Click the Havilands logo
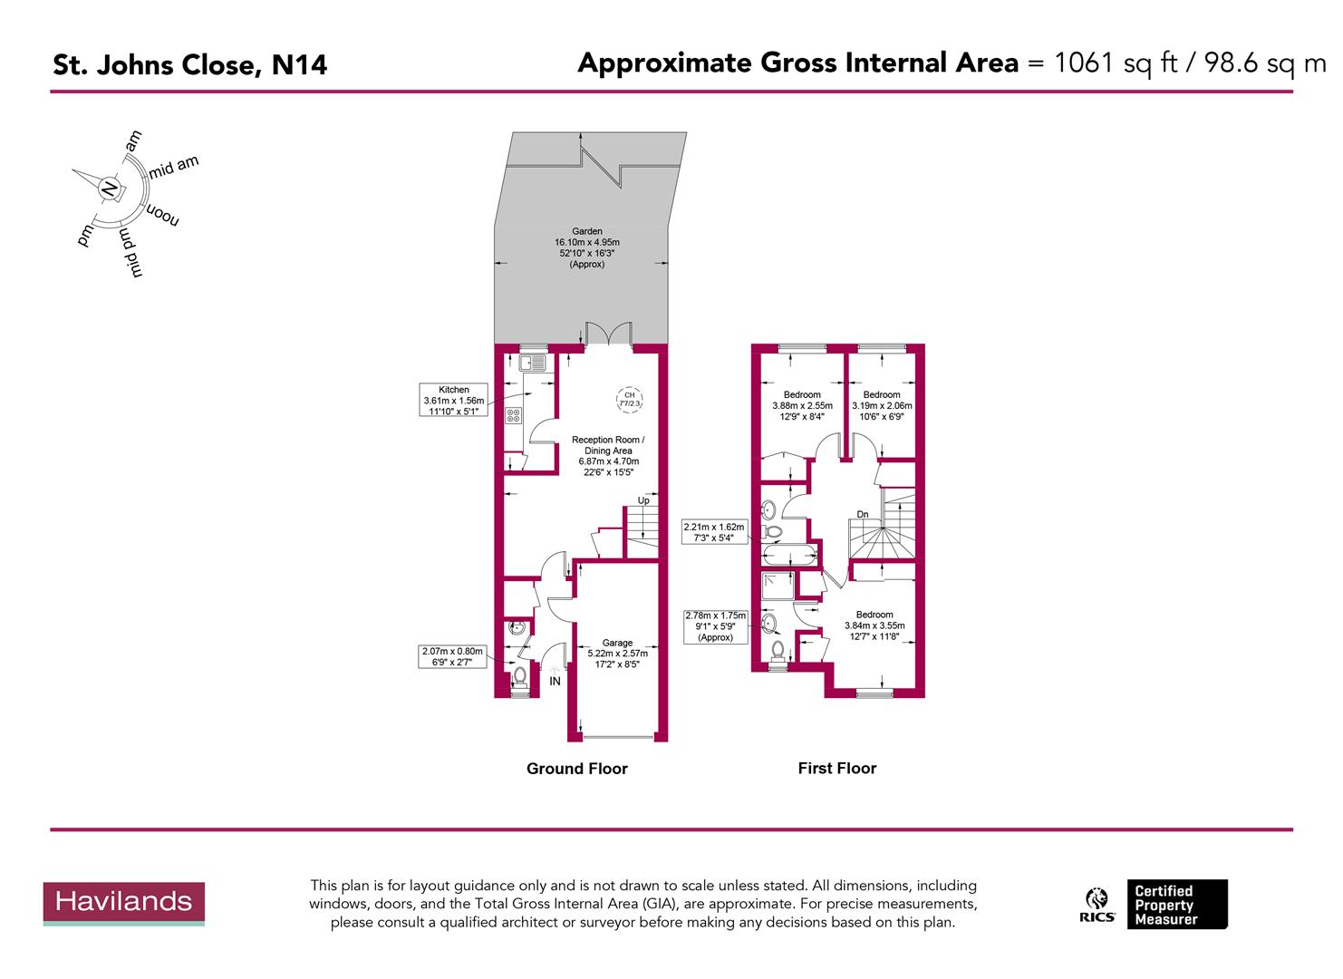pos(124,903)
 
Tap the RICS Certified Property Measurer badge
pos(1156,905)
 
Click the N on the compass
pos(110,189)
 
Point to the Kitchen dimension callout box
pos(454,401)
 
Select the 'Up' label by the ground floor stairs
pos(643,500)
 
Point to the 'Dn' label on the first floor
pos(863,515)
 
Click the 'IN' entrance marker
pos(555,681)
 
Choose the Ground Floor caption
pos(576,769)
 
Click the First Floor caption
pos(836,768)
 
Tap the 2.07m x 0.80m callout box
pos(453,656)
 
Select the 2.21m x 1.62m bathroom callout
pos(713,532)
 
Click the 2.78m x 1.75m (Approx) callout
pos(715,626)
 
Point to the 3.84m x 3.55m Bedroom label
pos(874,625)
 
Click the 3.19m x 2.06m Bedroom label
pos(882,405)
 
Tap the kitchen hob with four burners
pos(513,416)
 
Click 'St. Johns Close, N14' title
pos(189,65)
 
